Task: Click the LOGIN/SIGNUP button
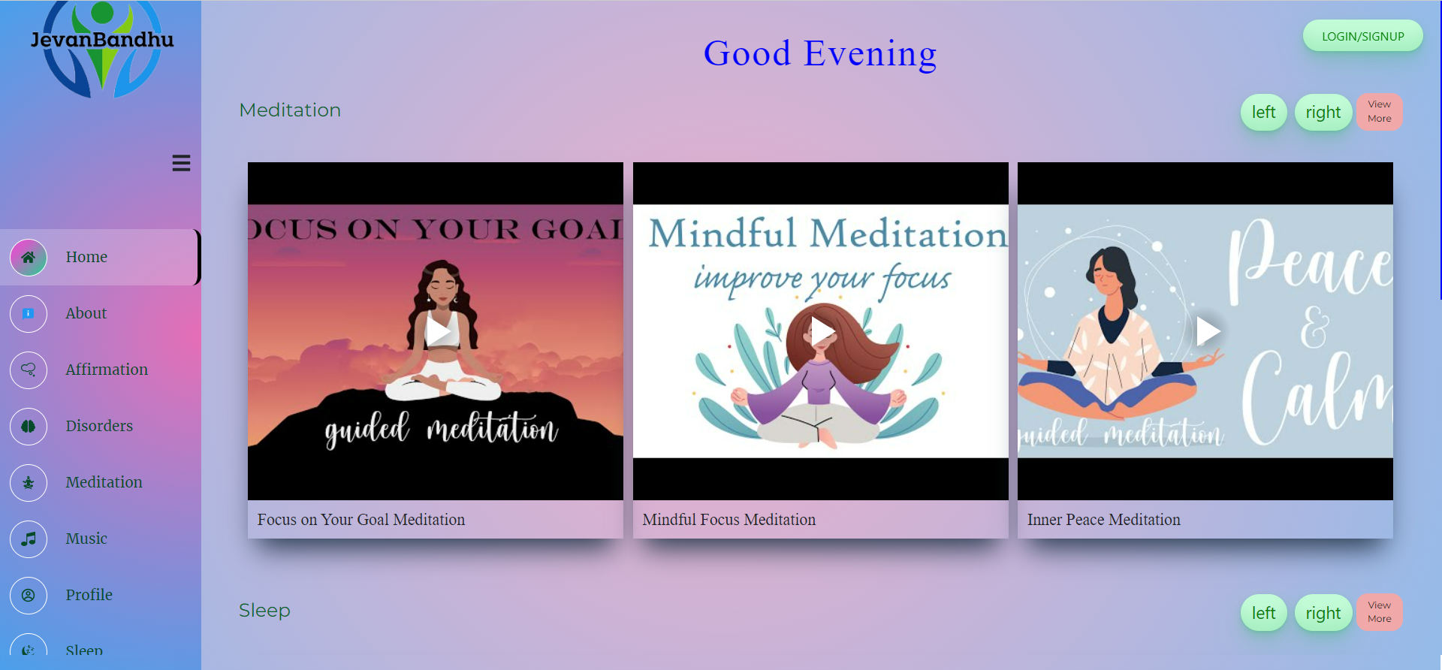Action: click(x=1362, y=36)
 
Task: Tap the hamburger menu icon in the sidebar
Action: click(x=181, y=163)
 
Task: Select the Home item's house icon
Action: click(x=29, y=258)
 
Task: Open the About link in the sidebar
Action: click(x=86, y=313)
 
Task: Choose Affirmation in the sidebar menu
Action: click(x=106, y=370)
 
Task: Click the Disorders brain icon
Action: click(x=29, y=427)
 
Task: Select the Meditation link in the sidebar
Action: click(x=104, y=482)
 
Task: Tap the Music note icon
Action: click(x=29, y=539)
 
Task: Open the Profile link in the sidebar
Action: click(x=89, y=595)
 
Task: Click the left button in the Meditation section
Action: click(x=1263, y=113)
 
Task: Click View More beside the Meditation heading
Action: click(x=1379, y=112)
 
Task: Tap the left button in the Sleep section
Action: click(x=1263, y=613)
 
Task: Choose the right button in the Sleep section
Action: click(x=1323, y=613)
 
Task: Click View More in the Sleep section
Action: click(x=1379, y=612)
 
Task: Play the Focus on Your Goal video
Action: click(x=437, y=330)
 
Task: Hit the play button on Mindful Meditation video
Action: click(x=822, y=330)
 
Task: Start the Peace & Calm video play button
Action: click(x=1207, y=330)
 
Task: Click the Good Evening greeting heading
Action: click(x=820, y=53)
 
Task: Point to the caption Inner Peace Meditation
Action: click(x=1103, y=520)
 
